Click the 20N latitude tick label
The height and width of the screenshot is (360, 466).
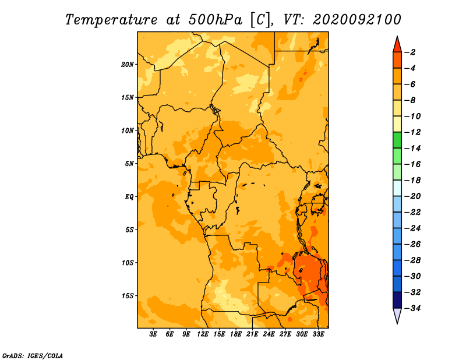pyautogui.click(x=128, y=65)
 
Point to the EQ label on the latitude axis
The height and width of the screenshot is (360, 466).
pyautogui.click(x=129, y=197)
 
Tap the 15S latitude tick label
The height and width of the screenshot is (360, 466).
pyautogui.click(x=128, y=296)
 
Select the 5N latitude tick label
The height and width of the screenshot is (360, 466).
pyautogui.click(x=129, y=164)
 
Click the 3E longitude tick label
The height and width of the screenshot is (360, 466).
pyautogui.click(x=153, y=334)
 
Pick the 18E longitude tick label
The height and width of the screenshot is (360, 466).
pyautogui.click(x=236, y=334)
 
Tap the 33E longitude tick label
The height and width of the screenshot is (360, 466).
pyautogui.click(x=318, y=334)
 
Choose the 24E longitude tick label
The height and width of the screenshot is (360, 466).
pyautogui.click(x=269, y=334)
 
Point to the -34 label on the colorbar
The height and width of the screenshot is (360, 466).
pyautogui.click(x=412, y=308)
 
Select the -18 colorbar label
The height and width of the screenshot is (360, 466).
pyautogui.click(x=412, y=180)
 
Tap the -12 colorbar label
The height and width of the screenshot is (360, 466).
pyautogui.click(x=412, y=132)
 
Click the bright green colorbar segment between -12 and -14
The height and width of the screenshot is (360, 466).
pyautogui.click(x=397, y=140)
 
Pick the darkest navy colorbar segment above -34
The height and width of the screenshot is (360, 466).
pyautogui.click(x=397, y=300)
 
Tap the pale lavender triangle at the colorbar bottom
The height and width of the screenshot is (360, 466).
pyautogui.click(x=397, y=316)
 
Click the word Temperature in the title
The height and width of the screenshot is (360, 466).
pyautogui.click(x=111, y=20)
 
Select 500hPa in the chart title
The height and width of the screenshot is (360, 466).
pyautogui.click(x=215, y=20)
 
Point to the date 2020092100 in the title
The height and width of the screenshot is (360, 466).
pyautogui.click(x=357, y=20)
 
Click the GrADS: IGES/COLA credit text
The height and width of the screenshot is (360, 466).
pyautogui.click(x=33, y=355)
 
